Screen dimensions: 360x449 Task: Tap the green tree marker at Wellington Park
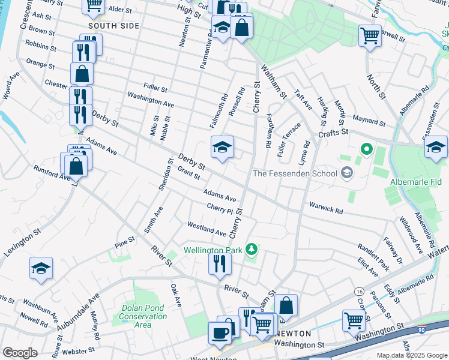coord(253,248)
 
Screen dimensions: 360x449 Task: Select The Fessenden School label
coord(294,174)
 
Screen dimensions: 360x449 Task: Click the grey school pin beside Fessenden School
coord(346,173)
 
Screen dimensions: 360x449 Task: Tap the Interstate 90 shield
coord(421,329)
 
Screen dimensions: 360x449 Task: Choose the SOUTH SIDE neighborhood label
coord(113,26)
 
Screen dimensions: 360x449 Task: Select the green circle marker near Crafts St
coord(366,149)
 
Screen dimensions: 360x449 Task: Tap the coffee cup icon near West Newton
coord(220,333)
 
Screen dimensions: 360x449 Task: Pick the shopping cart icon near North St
coord(370,35)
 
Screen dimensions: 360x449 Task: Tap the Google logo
coord(20,353)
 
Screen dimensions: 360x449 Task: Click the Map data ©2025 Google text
coord(411,355)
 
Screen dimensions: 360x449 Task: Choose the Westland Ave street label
coord(206,229)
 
